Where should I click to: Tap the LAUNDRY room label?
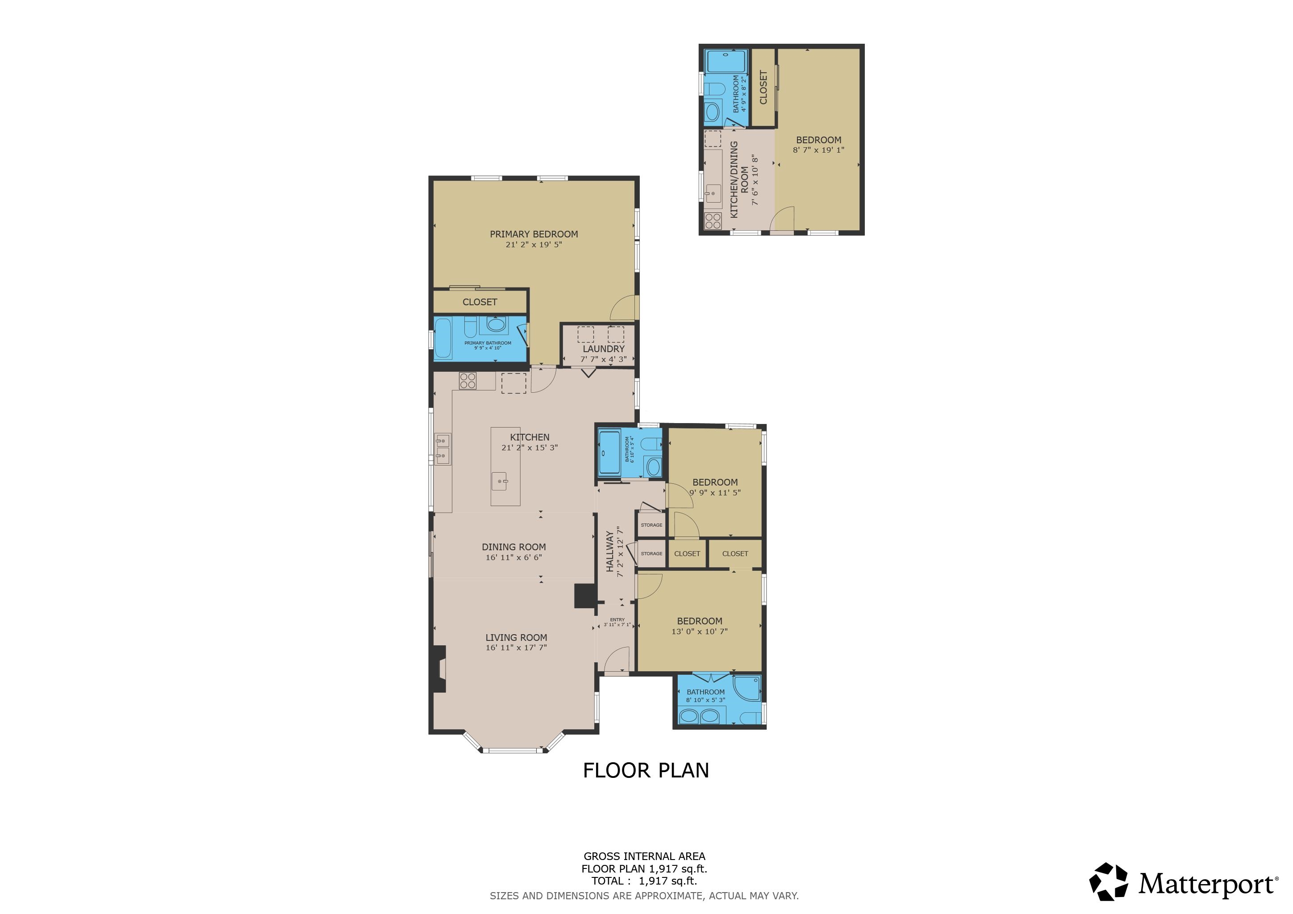pyautogui.click(x=603, y=349)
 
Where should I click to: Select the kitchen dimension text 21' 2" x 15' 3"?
pyautogui.click(x=530, y=448)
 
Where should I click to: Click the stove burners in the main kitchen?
pyautogui.click(x=467, y=381)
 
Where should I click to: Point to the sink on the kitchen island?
pyautogui.click(x=503, y=482)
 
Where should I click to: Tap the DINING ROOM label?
pyautogui.click(x=513, y=547)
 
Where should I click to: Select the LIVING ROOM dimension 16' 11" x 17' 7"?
pyautogui.click(x=516, y=648)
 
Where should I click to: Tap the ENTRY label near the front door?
pyautogui.click(x=617, y=619)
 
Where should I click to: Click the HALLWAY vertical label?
pyautogui.click(x=610, y=551)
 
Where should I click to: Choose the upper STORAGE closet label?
pyautogui.click(x=651, y=525)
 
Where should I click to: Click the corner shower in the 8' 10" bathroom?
pyautogui.click(x=747, y=688)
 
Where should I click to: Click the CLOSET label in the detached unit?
pyautogui.click(x=763, y=87)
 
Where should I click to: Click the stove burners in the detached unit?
pyautogui.click(x=713, y=220)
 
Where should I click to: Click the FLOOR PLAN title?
pyautogui.click(x=646, y=770)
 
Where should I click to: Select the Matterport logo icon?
pyautogui.click(x=1108, y=882)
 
